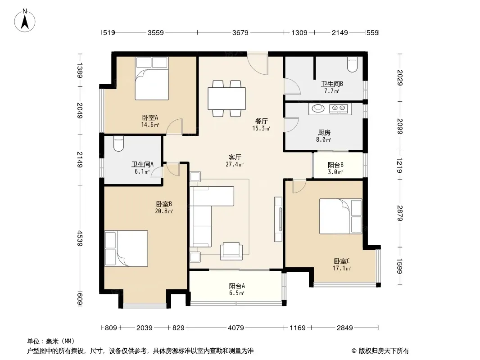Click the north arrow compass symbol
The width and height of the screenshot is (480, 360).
pos(25,21)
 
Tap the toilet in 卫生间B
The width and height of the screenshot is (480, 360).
pos(353,64)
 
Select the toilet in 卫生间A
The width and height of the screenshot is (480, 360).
pos(118,144)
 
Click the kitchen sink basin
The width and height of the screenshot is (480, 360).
pos(318,108)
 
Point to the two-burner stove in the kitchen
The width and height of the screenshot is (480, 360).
pos(339,108)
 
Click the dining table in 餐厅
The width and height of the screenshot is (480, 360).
pos(226,99)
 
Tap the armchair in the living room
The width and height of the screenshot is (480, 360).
pos(231,251)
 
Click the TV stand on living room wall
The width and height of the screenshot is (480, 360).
pos(278,219)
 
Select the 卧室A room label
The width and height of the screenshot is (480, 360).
pos(150,117)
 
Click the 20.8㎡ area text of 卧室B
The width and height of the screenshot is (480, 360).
pos(164,211)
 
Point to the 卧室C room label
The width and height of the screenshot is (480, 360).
pos(342,261)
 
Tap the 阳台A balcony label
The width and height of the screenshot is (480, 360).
pos(237,286)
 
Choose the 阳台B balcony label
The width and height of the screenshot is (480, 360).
pos(335,165)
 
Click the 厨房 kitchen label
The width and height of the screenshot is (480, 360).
pos(324,133)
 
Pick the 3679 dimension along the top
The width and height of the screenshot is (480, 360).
pos(240,32)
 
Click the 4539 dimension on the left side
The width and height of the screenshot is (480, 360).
pos(80,238)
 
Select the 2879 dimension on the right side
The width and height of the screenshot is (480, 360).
pos(400,213)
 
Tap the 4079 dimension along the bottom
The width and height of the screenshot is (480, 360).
pos(235,328)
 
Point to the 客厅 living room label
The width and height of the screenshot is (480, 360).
pos(235,157)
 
